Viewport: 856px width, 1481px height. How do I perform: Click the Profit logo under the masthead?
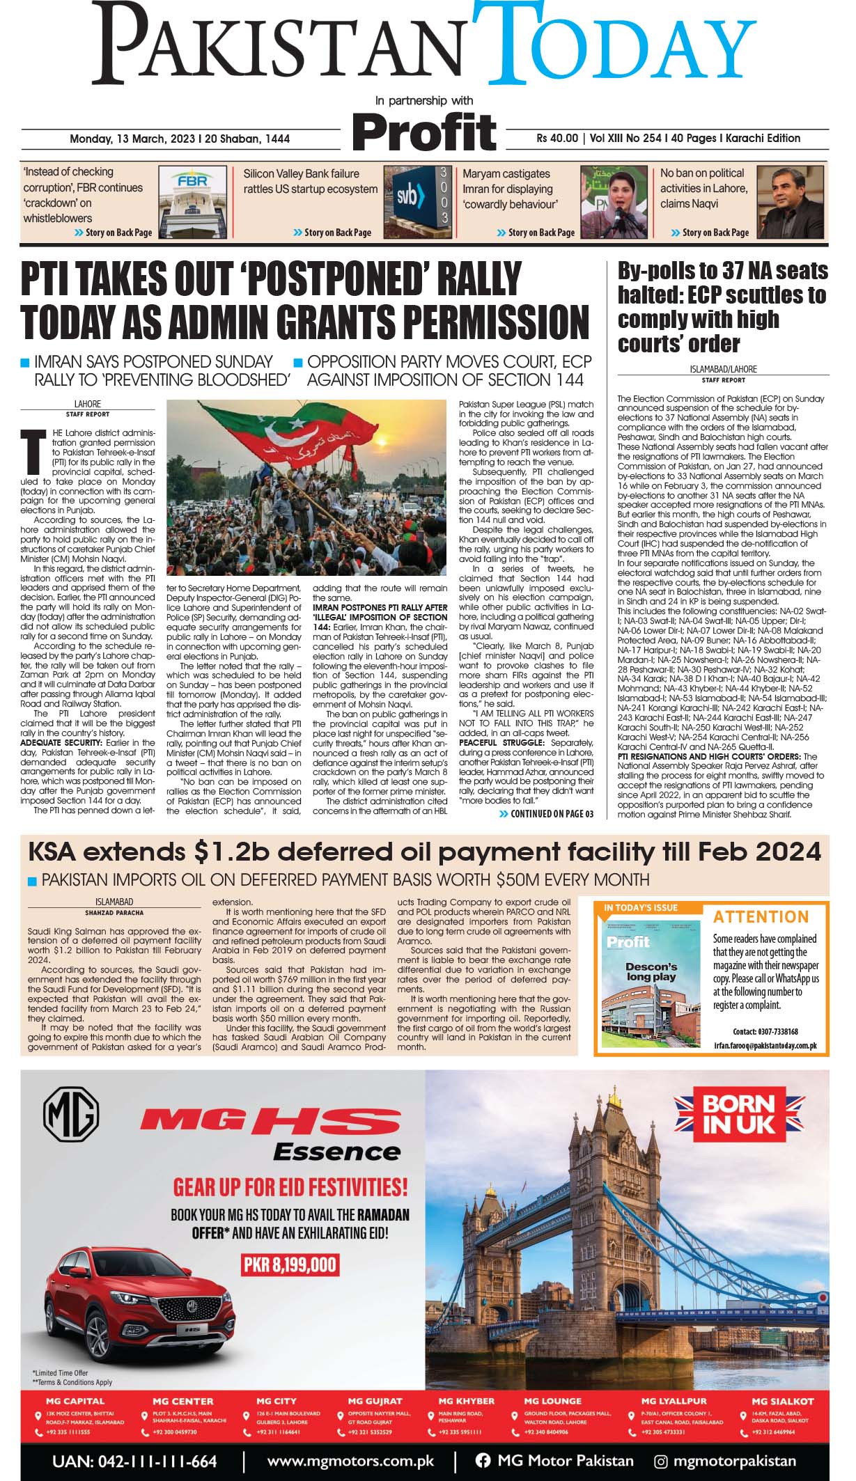pyautogui.click(x=423, y=132)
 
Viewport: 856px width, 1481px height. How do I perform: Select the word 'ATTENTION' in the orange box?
pyautogui.click(x=761, y=916)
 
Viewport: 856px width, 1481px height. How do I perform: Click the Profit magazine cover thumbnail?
pyautogui.click(x=651, y=973)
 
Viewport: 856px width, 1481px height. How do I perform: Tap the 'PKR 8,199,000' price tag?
pyautogui.click(x=290, y=1264)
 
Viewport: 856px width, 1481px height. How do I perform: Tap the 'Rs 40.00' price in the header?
pyautogui.click(x=557, y=138)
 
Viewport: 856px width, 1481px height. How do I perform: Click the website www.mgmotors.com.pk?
pyautogui.click(x=350, y=1461)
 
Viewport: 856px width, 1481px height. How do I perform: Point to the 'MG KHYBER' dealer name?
pyautogui.click(x=466, y=1401)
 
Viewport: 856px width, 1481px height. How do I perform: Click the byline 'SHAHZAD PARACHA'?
pyautogui.click(x=114, y=912)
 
